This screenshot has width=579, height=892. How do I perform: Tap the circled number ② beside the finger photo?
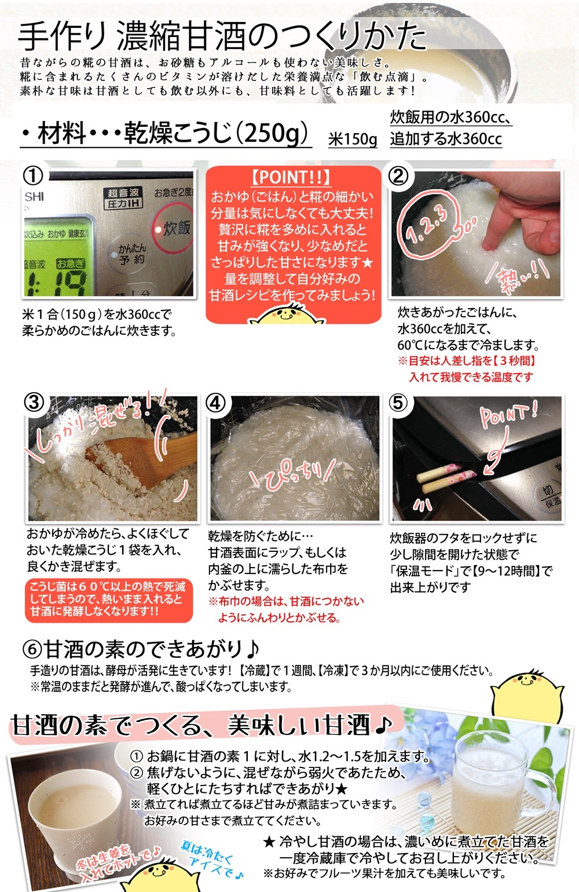pyautogui.click(x=398, y=176)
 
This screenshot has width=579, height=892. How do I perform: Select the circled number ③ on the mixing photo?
pyautogui.click(x=34, y=403)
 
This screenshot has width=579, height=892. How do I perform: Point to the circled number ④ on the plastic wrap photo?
pyautogui.click(x=215, y=403)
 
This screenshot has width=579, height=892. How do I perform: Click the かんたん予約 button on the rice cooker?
pyautogui.click(x=132, y=254)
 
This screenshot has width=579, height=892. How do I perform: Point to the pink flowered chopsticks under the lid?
pyautogui.click(x=446, y=476)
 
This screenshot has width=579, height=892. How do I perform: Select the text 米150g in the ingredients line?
pyautogui.click(x=353, y=139)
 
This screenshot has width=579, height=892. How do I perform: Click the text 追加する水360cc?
pyautogui.click(x=446, y=138)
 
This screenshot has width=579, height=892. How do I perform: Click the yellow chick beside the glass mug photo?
pyautogui.click(x=527, y=695)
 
